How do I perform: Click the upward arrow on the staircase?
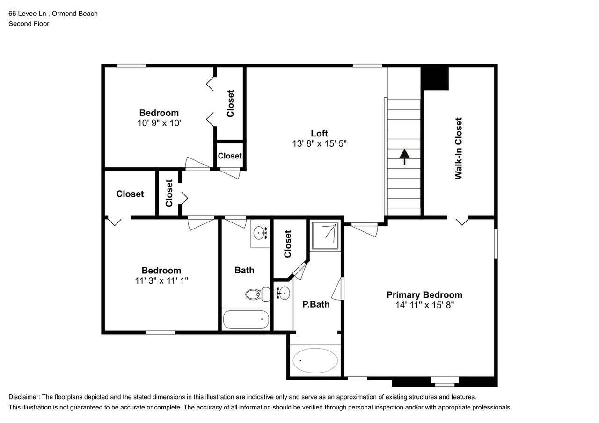(x=404, y=157)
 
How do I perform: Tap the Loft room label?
(x=319, y=133)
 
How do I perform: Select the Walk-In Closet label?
(x=459, y=148)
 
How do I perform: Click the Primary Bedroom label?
(x=424, y=295)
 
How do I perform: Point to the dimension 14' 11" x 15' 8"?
(x=424, y=305)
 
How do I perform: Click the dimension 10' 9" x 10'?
(x=159, y=123)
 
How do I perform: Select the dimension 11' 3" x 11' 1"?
(x=161, y=281)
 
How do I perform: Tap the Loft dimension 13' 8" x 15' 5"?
(x=319, y=144)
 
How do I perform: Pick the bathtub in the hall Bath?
(x=246, y=320)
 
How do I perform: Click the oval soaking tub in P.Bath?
(x=315, y=360)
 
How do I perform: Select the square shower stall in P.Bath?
(x=325, y=235)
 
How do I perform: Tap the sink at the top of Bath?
(x=260, y=232)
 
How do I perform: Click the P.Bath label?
(x=315, y=304)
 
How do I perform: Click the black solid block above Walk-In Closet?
(x=435, y=78)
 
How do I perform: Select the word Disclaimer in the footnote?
(x=24, y=397)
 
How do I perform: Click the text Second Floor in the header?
(x=29, y=24)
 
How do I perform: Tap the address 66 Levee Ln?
(x=28, y=14)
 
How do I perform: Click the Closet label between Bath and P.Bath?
(x=287, y=244)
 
